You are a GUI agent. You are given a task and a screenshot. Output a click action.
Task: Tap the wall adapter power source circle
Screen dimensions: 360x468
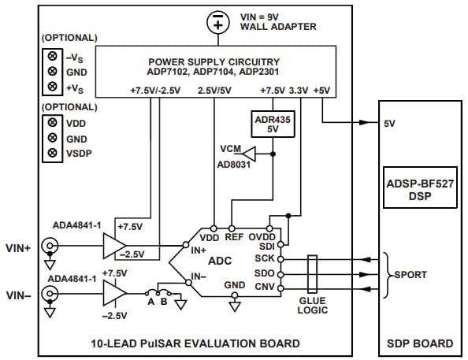pyautogui.click(x=217, y=22)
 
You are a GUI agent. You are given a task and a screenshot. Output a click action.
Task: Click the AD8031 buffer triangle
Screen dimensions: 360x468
pyautogui.click(x=248, y=151)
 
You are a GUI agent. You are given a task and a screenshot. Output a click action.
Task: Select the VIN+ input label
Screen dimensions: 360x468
pyautogui.click(x=19, y=247)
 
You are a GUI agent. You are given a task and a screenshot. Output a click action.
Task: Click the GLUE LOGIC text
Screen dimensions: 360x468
pyautogui.click(x=313, y=306)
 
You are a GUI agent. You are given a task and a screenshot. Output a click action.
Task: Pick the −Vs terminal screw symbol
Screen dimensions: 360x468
pyautogui.click(x=51, y=57)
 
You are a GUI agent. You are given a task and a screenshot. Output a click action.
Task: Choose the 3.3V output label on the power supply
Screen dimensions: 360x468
pyautogui.click(x=299, y=91)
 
